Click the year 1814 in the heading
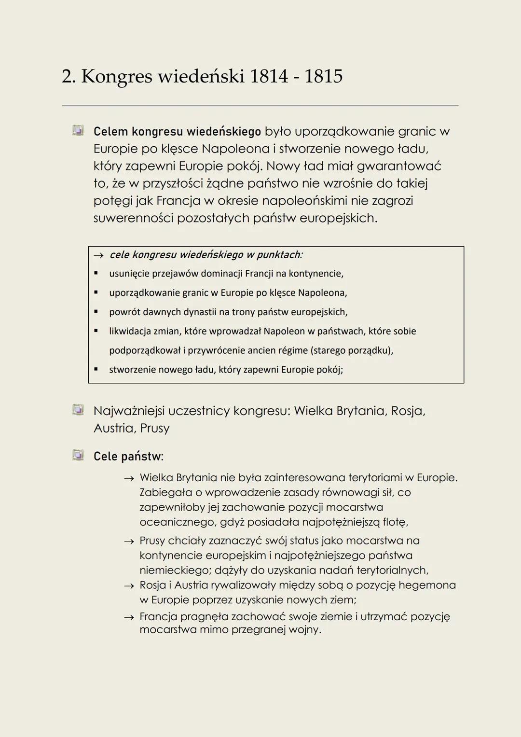[269, 76]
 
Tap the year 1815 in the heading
[323, 76]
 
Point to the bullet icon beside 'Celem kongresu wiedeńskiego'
[78, 130]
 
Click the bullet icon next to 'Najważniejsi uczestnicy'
[78, 410]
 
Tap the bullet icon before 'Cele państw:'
[78, 455]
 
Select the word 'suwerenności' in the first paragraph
[133, 218]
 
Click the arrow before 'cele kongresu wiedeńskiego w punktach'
[98, 255]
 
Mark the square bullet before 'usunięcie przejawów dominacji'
[96, 273]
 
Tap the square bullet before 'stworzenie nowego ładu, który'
[96, 369]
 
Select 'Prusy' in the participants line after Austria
[155, 428]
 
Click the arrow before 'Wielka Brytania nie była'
[128, 478]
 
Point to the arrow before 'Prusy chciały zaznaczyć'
[128, 542]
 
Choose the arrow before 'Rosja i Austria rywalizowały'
[128, 586]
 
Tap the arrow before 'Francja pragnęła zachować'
[128, 617]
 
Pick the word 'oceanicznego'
[177, 522]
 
